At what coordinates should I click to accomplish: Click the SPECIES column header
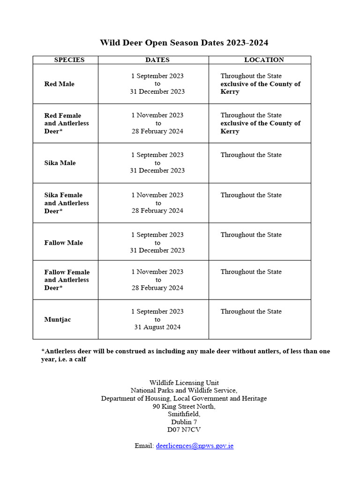click(x=69, y=60)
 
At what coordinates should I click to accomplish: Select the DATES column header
click(x=157, y=60)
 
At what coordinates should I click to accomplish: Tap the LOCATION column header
click(x=264, y=60)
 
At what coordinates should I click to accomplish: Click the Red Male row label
click(x=60, y=84)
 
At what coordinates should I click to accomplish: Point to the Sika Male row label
click(x=60, y=163)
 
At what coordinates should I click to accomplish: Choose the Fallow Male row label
click(x=64, y=243)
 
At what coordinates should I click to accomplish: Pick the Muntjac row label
click(x=58, y=320)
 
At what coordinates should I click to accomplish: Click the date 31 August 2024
click(x=157, y=327)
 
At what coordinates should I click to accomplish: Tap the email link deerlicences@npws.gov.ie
click(x=195, y=446)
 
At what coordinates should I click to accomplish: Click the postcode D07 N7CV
click(x=184, y=429)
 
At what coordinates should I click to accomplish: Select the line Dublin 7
click(x=184, y=422)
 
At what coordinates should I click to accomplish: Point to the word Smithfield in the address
click(x=184, y=414)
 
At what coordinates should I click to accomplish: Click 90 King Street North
click(x=184, y=406)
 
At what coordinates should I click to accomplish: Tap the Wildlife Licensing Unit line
click(x=184, y=383)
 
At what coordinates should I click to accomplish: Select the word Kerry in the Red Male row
click(x=230, y=92)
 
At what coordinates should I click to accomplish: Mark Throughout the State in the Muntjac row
click(x=251, y=312)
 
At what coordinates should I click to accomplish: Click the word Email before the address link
click(x=143, y=446)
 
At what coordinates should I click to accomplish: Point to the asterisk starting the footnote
click(x=43, y=351)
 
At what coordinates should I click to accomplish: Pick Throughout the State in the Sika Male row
click(x=251, y=155)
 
